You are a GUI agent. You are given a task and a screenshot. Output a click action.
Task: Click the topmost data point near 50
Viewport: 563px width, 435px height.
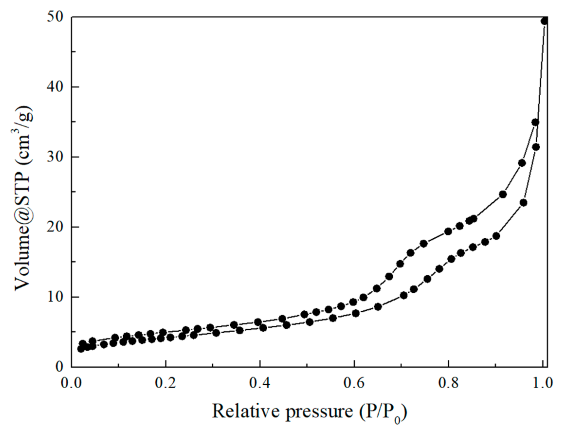click(544, 21)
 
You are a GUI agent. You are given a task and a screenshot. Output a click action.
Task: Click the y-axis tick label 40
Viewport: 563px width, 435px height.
click(55, 87)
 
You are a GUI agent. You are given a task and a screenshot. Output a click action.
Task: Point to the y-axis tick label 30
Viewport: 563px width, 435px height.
click(55, 157)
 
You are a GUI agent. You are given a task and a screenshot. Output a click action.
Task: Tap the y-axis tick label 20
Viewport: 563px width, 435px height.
click(55, 227)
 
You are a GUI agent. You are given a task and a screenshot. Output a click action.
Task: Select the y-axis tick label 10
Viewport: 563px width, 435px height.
click(55, 297)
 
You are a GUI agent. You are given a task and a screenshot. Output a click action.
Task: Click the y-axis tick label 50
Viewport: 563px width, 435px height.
click(55, 17)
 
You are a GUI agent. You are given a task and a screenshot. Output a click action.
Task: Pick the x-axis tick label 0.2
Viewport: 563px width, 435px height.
click(165, 383)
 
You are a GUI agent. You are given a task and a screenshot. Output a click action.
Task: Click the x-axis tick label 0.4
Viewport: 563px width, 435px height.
click(260, 383)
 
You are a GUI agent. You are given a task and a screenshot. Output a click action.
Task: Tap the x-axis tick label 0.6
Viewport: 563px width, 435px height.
click(354, 383)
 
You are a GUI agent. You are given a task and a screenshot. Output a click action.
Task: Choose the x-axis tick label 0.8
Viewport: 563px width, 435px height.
click(448, 383)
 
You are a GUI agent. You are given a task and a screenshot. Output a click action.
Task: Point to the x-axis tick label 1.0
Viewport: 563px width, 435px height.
click(542, 383)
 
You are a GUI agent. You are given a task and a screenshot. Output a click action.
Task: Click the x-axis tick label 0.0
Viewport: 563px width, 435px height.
click(71, 383)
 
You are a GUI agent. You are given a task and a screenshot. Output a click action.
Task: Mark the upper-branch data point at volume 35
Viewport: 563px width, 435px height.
click(535, 122)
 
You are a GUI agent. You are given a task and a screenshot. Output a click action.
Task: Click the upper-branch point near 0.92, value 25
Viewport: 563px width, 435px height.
click(503, 194)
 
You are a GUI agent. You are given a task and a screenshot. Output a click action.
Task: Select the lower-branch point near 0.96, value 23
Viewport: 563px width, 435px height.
click(523, 203)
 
